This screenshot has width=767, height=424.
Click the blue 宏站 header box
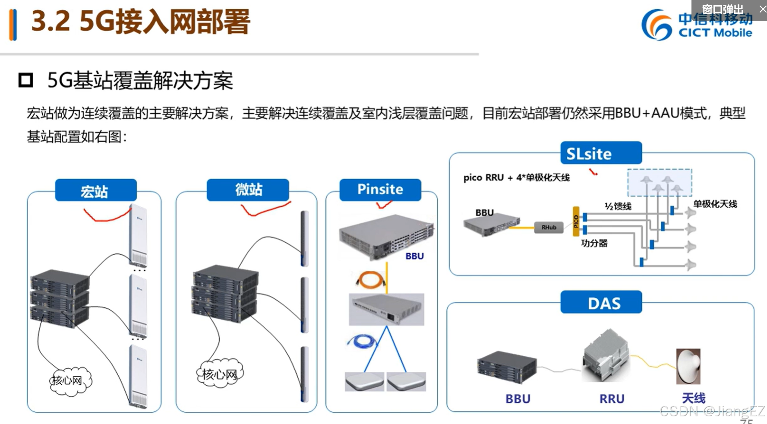tap(96, 190)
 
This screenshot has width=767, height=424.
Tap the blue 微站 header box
tap(248, 190)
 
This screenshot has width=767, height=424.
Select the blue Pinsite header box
tap(380, 190)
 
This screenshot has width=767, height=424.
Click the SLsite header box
tap(601, 153)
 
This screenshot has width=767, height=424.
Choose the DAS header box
tap(601, 302)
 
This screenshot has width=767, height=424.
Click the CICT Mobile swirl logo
tap(656, 25)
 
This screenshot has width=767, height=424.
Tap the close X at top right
tap(762, 9)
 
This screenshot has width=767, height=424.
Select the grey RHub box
tap(549, 227)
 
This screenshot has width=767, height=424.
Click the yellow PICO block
tap(576, 221)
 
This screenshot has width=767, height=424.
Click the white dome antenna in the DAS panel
tap(688, 366)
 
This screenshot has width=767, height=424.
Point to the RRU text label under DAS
tap(612, 399)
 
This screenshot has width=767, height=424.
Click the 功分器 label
tap(594, 243)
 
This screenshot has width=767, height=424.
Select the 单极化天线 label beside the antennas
tap(715, 204)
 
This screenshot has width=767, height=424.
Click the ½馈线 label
tap(618, 206)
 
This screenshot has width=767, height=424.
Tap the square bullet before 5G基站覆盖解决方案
tap(25, 80)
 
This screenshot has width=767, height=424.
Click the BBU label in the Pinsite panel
tap(414, 256)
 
